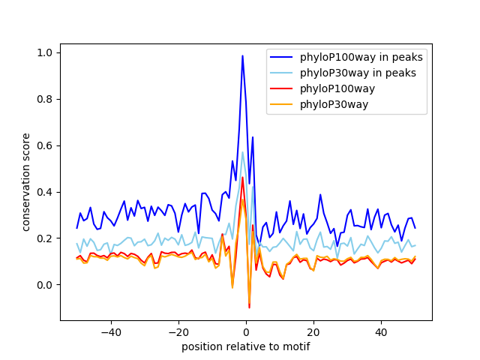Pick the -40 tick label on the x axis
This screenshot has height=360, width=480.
tap(110, 331)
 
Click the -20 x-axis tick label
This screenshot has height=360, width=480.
tap(178, 331)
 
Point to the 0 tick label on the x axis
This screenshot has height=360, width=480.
tap(246, 331)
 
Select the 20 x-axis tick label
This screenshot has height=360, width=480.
tap(313, 331)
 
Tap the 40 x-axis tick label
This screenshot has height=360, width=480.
tap(381, 331)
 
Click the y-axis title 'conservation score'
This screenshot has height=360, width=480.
tap(25, 181)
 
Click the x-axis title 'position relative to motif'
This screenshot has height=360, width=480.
tap(246, 346)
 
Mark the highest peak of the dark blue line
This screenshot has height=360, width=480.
tap(242, 55)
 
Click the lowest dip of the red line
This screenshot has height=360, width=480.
tap(249, 307)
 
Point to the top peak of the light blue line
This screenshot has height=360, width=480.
tap(242, 152)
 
